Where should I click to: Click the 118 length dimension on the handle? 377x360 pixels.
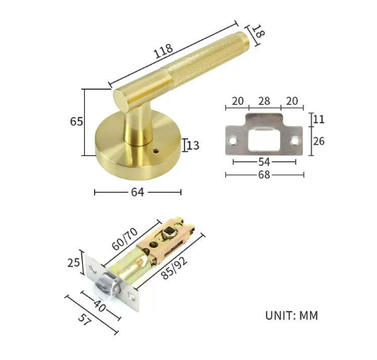(163, 51)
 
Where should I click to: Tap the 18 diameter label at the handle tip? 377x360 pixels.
(259, 31)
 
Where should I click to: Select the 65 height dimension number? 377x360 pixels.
(76, 121)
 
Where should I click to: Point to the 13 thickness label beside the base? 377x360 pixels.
(193, 145)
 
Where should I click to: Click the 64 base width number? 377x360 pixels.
(138, 192)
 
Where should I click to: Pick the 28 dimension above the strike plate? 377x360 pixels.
(264, 101)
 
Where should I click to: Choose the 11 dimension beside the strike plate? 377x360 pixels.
(319, 119)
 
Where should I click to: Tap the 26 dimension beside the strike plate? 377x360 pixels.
(319, 141)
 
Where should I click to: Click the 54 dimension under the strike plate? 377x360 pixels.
(264, 162)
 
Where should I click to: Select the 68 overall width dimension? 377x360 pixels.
(264, 175)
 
